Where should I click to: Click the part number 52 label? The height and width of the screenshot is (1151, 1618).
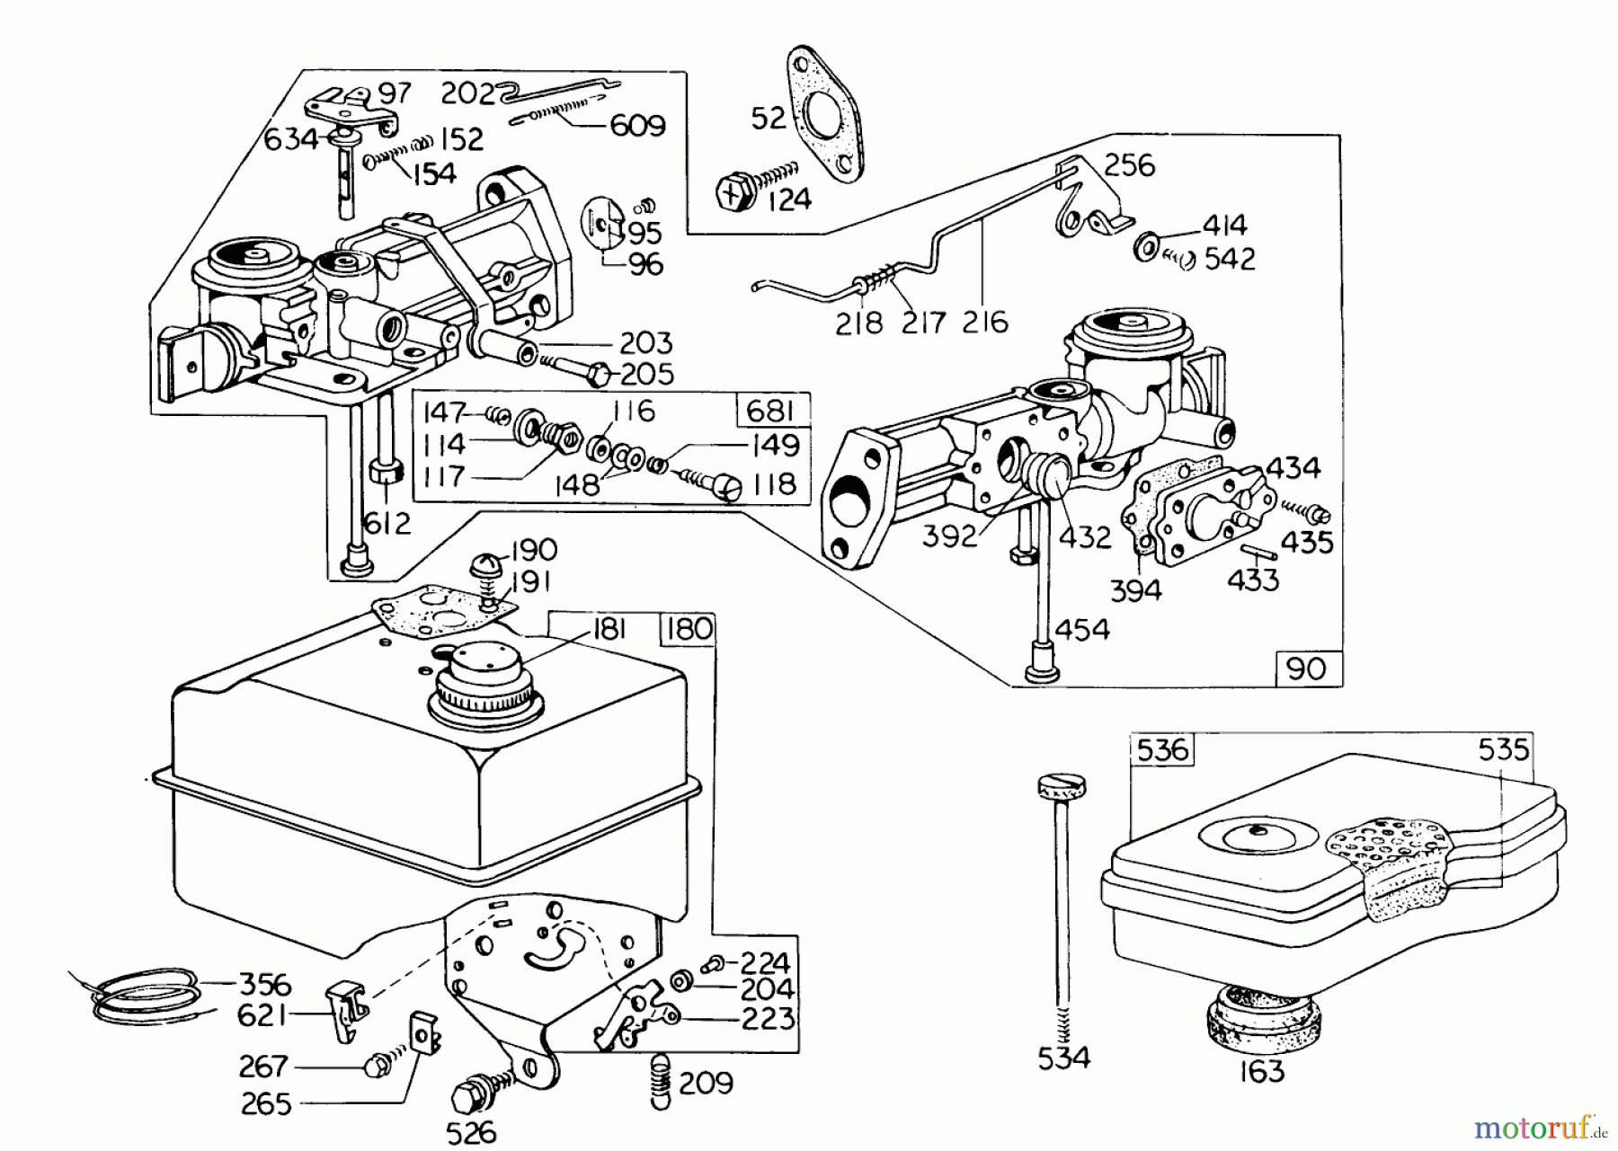(x=769, y=118)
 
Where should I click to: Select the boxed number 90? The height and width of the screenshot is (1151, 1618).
(x=1308, y=670)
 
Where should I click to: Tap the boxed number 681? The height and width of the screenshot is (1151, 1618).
(x=769, y=411)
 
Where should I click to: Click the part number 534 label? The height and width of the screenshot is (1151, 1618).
(x=1063, y=1058)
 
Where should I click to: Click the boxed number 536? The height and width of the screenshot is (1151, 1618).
(x=1162, y=749)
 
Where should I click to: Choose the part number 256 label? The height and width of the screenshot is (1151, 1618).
(x=1129, y=165)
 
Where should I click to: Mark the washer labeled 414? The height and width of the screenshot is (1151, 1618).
(x=1145, y=244)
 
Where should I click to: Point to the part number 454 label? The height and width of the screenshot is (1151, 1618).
(x=1082, y=630)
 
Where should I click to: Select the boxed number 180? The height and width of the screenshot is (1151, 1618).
(x=689, y=630)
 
